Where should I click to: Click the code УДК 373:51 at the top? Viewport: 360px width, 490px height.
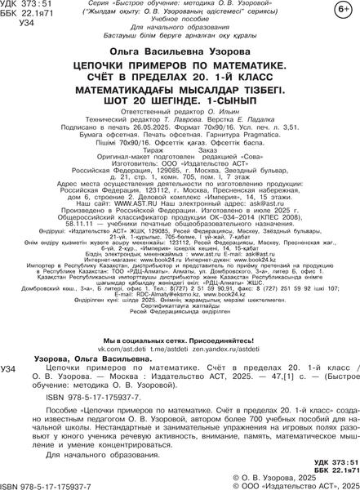27,7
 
